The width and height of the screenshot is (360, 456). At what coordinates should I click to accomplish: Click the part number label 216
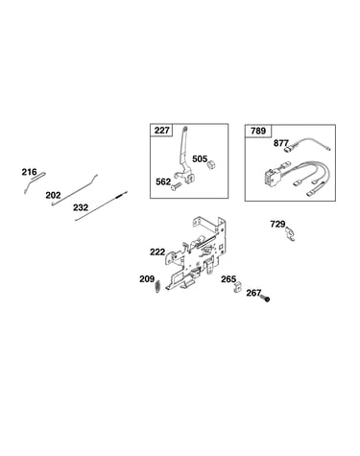pos(29,172)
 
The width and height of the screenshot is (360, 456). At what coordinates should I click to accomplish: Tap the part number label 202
pos(53,195)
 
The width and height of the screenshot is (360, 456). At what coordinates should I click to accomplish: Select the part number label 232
pos(81,207)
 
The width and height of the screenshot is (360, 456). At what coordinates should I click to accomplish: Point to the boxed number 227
pos(162,131)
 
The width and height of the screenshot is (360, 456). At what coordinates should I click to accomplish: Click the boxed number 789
pos(258,131)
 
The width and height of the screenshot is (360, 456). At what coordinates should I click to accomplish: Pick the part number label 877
pos(281,143)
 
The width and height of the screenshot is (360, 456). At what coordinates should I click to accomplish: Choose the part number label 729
pos(277,225)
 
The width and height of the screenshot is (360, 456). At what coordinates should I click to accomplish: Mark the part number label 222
pos(157,252)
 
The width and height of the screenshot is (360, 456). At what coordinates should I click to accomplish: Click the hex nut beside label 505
pos(210,165)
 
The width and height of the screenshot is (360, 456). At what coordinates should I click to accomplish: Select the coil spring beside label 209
pos(157,285)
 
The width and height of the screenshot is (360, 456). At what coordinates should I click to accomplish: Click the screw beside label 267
pos(265,299)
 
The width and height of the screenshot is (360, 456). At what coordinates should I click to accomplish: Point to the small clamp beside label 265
pos(237,287)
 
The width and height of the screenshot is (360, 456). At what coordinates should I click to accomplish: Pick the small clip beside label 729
pos(290,233)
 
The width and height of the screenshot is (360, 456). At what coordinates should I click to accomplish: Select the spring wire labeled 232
pos(101,206)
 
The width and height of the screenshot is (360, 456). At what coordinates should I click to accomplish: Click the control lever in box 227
pos(185,156)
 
